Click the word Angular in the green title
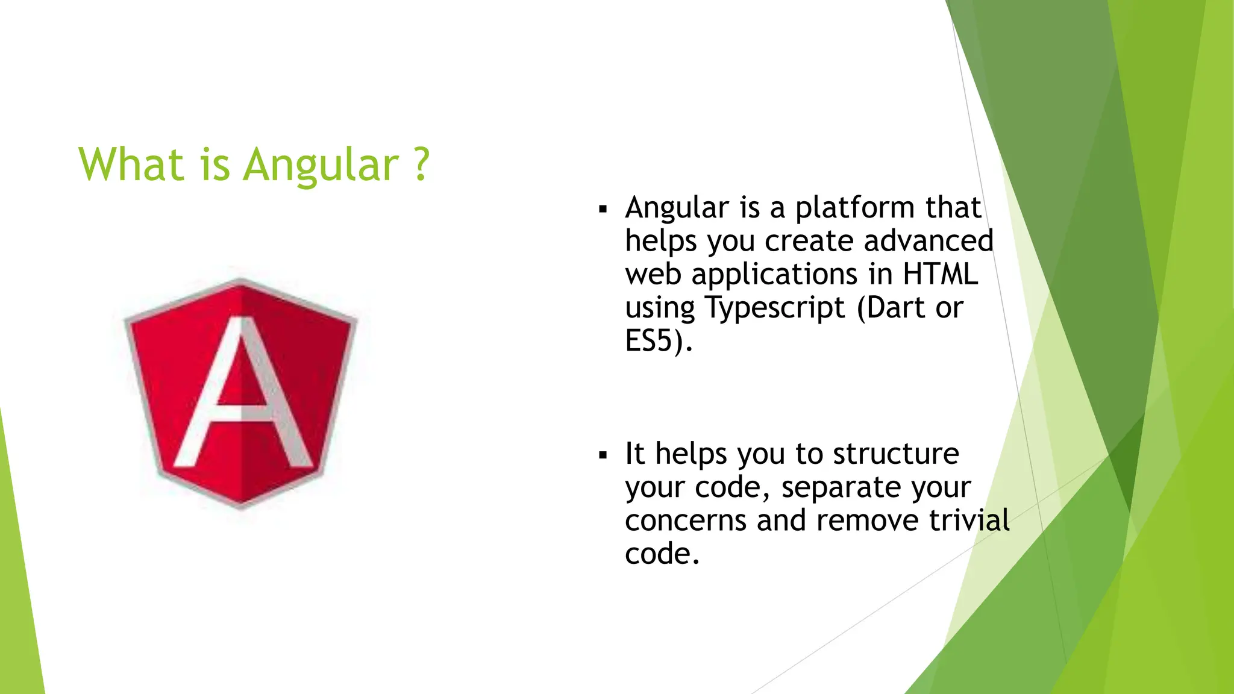click(x=321, y=165)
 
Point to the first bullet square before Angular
click(x=603, y=210)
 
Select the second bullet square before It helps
click(x=603, y=456)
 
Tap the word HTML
click(x=940, y=274)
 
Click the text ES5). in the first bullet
click(x=659, y=341)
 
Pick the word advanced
click(x=928, y=241)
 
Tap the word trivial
click(x=968, y=520)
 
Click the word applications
click(x=774, y=275)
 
